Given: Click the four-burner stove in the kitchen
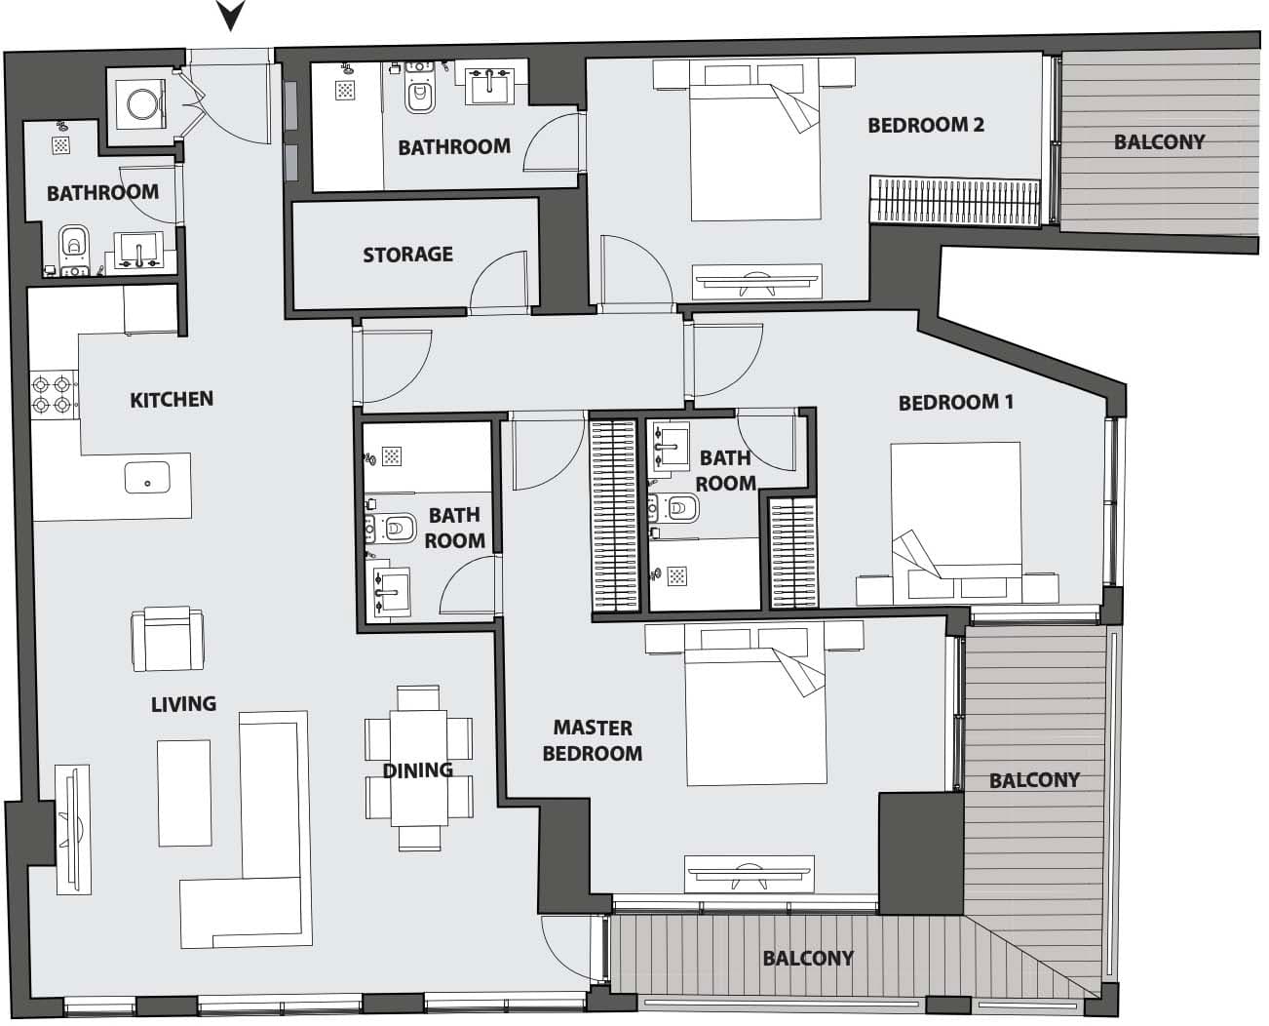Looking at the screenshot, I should [52, 393].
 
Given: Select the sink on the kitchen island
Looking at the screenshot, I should [147, 479].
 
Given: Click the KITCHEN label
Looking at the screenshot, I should [172, 399].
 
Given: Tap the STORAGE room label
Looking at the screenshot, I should [407, 255].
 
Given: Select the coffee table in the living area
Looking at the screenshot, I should [184, 792].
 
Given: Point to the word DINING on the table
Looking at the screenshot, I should [417, 770].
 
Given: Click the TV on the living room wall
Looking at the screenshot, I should [72, 829].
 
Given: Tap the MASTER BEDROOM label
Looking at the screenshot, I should [592, 740].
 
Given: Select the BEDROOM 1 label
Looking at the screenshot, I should [955, 402].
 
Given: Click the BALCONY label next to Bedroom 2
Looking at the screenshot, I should [1159, 142].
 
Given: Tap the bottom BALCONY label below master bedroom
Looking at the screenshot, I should [808, 959].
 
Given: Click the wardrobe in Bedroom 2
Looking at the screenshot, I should [955, 200].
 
